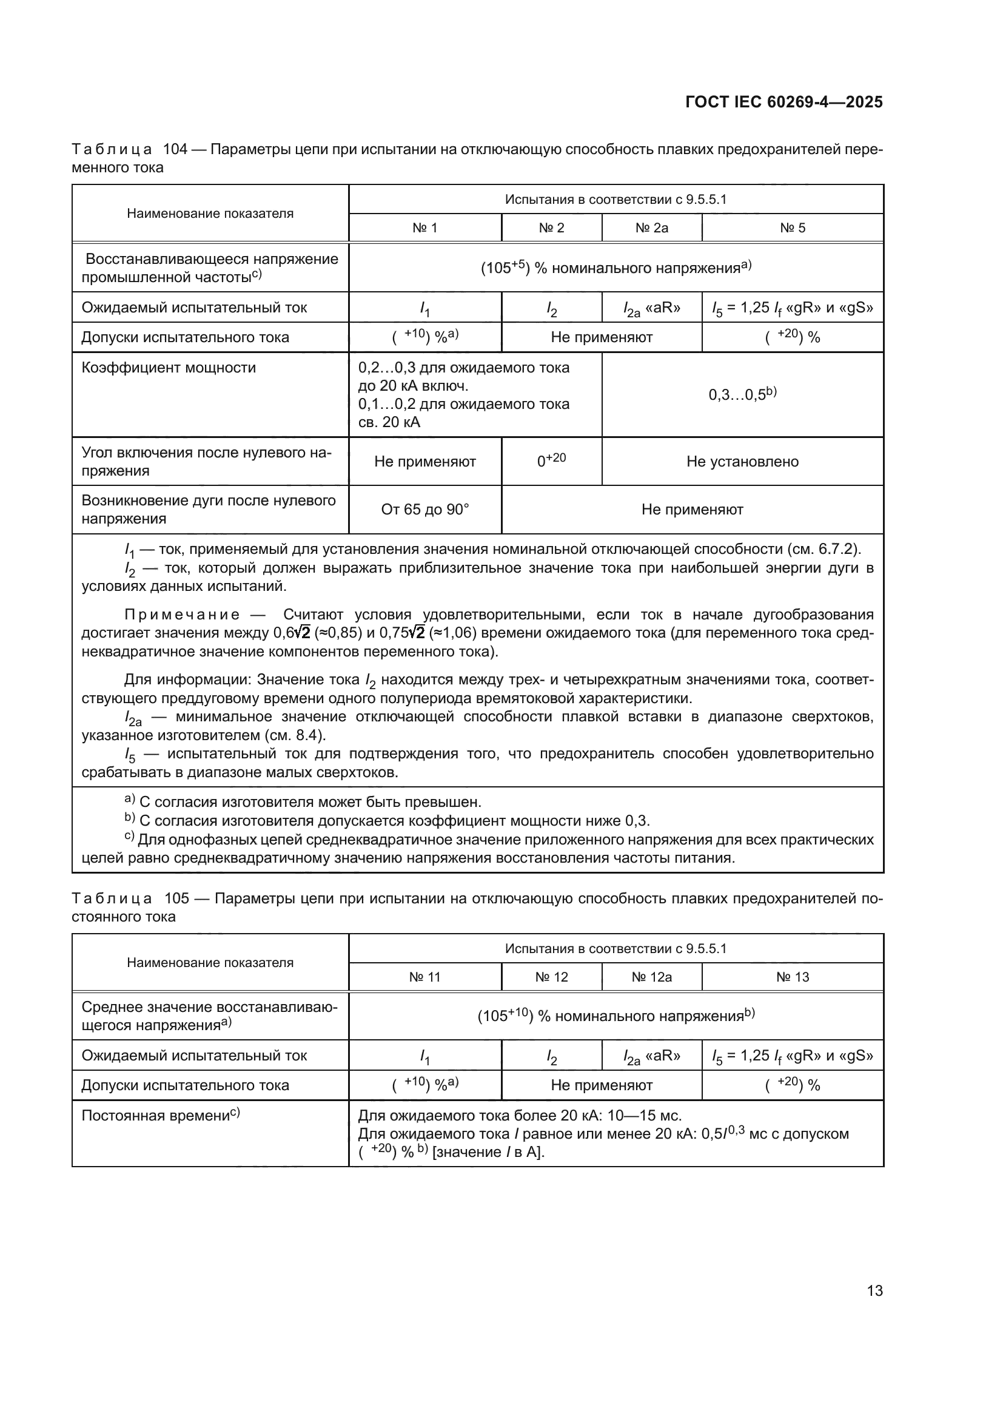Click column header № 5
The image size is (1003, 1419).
[x=793, y=228]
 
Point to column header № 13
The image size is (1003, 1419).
[x=793, y=977]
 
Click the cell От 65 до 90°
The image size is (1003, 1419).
[x=425, y=510]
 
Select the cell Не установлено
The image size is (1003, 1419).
[x=742, y=462]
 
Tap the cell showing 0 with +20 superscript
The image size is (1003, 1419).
[x=551, y=461]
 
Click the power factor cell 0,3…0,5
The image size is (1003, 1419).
[x=742, y=394]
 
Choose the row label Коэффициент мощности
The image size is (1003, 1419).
[x=169, y=368]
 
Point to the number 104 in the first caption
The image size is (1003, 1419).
[x=175, y=150]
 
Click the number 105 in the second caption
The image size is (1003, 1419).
[x=176, y=898]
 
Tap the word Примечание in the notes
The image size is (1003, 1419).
[x=182, y=615]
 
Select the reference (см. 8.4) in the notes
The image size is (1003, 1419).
[x=294, y=735]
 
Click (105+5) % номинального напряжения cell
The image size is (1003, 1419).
[x=616, y=268]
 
